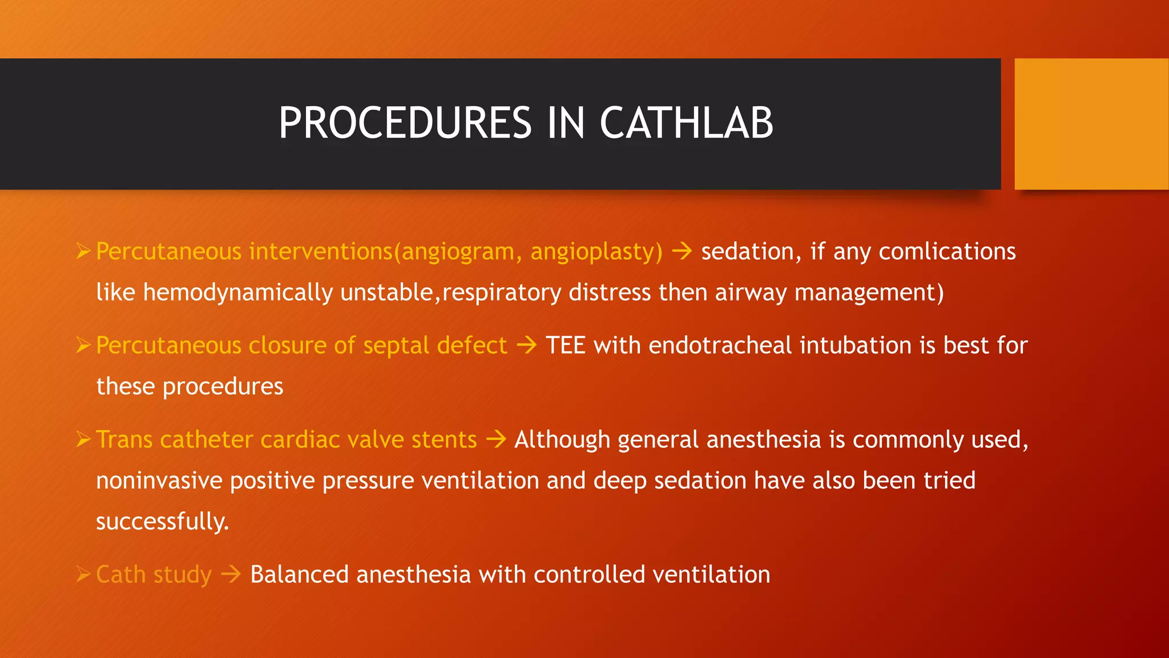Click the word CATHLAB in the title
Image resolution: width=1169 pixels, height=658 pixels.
pos(686,123)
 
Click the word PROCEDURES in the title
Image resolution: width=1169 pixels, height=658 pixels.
pos(405,123)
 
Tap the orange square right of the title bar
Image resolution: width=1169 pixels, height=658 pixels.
pos(1091,124)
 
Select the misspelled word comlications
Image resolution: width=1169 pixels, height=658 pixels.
pos(947,252)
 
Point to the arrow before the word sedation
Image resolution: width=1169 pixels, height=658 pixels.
pos(682,251)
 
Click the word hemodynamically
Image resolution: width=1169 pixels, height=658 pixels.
pos(237,293)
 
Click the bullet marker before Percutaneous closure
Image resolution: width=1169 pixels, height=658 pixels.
pos(83,345)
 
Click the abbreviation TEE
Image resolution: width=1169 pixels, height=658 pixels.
pos(565,346)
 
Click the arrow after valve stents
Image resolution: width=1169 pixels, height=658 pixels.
pos(495,439)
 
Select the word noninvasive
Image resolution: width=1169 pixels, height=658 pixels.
pos(159,480)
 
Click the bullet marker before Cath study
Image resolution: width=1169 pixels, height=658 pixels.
pos(83,574)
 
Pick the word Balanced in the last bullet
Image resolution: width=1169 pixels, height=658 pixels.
pos(299,575)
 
